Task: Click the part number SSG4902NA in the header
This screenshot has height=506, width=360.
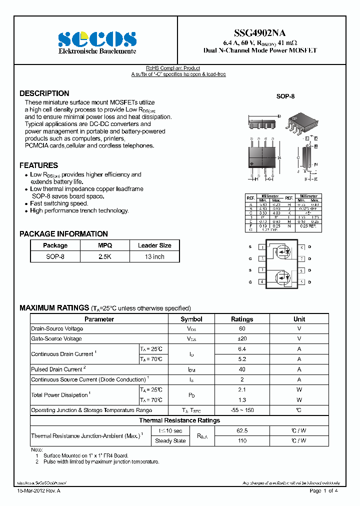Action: pos(260,33)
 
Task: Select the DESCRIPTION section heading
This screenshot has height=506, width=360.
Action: pos(44,93)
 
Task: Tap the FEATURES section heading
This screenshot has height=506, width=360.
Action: pos(38,165)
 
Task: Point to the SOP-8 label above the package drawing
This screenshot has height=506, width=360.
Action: pos(285,96)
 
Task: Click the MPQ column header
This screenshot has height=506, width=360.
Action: pos(105,245)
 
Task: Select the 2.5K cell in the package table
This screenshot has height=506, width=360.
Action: pos(105,256)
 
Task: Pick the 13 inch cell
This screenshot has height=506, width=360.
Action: pos(154,256)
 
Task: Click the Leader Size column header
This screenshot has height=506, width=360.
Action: pos(154,245)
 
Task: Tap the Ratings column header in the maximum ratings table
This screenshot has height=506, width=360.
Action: pos(242,319)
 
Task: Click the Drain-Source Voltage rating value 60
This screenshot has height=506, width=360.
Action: pos(242,329)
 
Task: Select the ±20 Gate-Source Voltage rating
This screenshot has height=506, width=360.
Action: pos(242,339)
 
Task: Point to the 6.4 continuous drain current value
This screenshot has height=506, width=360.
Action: pos(242,349)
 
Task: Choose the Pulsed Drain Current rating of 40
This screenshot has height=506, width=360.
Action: pos(242,369)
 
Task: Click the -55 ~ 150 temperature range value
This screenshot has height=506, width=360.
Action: pos(242,410)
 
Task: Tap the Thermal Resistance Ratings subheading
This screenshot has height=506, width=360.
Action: pos(179,420)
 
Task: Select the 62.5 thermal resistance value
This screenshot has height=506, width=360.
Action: pos(242,430)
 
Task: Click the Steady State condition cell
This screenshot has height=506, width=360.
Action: pos(170,441)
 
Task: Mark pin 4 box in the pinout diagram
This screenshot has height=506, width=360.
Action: pos(262,282)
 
